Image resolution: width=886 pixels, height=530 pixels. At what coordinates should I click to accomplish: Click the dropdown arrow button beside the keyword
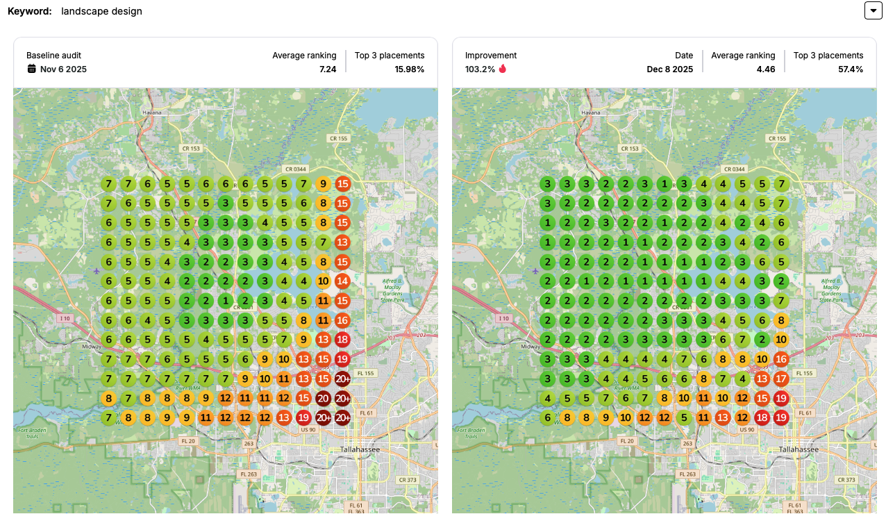(x=873, y=10)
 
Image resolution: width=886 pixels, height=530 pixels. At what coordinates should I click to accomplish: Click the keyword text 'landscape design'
(x=101, y=11)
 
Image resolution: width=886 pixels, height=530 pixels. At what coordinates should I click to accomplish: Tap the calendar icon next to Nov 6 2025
(x=31, y=69)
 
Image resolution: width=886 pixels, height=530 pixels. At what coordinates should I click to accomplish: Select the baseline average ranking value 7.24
(x=327, y=69)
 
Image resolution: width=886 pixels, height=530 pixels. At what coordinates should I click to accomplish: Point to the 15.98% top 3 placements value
(x=409, y=69)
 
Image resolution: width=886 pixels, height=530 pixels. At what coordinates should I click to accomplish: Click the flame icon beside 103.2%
(x=503, y=69)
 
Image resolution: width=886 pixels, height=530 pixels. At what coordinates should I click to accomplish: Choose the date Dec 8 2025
(x=669, y=69)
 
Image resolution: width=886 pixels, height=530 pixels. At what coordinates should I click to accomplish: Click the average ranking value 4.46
(x=766, y=69)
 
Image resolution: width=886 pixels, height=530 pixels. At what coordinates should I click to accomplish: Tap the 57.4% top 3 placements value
(x=849, y=69)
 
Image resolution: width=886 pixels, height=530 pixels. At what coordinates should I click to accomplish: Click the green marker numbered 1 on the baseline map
(x=225, y=301)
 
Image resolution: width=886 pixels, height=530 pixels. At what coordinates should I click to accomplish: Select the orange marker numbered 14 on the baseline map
(x=342, y=282)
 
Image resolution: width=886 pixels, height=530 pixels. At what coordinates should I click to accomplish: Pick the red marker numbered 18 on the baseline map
(x=342, y=340)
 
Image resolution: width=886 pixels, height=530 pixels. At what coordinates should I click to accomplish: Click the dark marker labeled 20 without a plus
(x=323, y=399)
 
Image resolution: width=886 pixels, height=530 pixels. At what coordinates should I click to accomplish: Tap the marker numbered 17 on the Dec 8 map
(x=781, y=379)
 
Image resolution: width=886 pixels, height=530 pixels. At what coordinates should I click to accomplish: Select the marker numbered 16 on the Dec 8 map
(x=781, y=360)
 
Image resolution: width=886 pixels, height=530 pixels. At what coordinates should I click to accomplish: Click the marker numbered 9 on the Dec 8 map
(x=606, y=418)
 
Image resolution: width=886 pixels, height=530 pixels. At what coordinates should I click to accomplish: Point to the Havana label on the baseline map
(x=151, y=113)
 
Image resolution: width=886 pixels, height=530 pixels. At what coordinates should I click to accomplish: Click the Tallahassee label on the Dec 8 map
(x=799, y=449)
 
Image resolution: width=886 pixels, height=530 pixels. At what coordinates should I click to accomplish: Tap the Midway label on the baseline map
(x=92, y=346)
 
